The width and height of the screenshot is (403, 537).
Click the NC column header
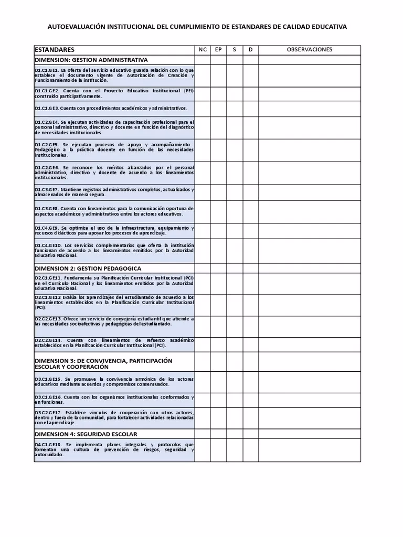(203, 50)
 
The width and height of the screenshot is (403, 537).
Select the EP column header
(218, 50)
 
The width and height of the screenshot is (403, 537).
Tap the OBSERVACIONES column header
(310, 50)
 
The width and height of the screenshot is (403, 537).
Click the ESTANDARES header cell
(55, 50)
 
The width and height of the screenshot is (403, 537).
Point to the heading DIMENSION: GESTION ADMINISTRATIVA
(91, 60)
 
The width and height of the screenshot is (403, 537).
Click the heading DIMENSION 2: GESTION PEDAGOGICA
(88, 268)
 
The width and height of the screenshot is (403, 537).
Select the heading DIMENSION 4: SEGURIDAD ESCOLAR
(86, 434)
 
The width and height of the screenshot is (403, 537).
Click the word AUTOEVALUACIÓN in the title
(76, 26)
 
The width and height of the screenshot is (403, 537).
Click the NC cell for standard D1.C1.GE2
(203, 93)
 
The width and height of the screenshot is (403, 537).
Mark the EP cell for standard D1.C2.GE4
(218, 127)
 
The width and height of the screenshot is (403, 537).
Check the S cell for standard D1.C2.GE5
(235, 150)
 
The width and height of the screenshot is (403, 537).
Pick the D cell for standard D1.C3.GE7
(250, 192)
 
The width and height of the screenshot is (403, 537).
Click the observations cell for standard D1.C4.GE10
(310, 251)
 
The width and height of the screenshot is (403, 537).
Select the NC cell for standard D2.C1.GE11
(203, 283)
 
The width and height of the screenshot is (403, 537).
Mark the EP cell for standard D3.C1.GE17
(218, 418)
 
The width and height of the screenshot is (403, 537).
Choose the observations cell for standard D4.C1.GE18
(310, 450)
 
